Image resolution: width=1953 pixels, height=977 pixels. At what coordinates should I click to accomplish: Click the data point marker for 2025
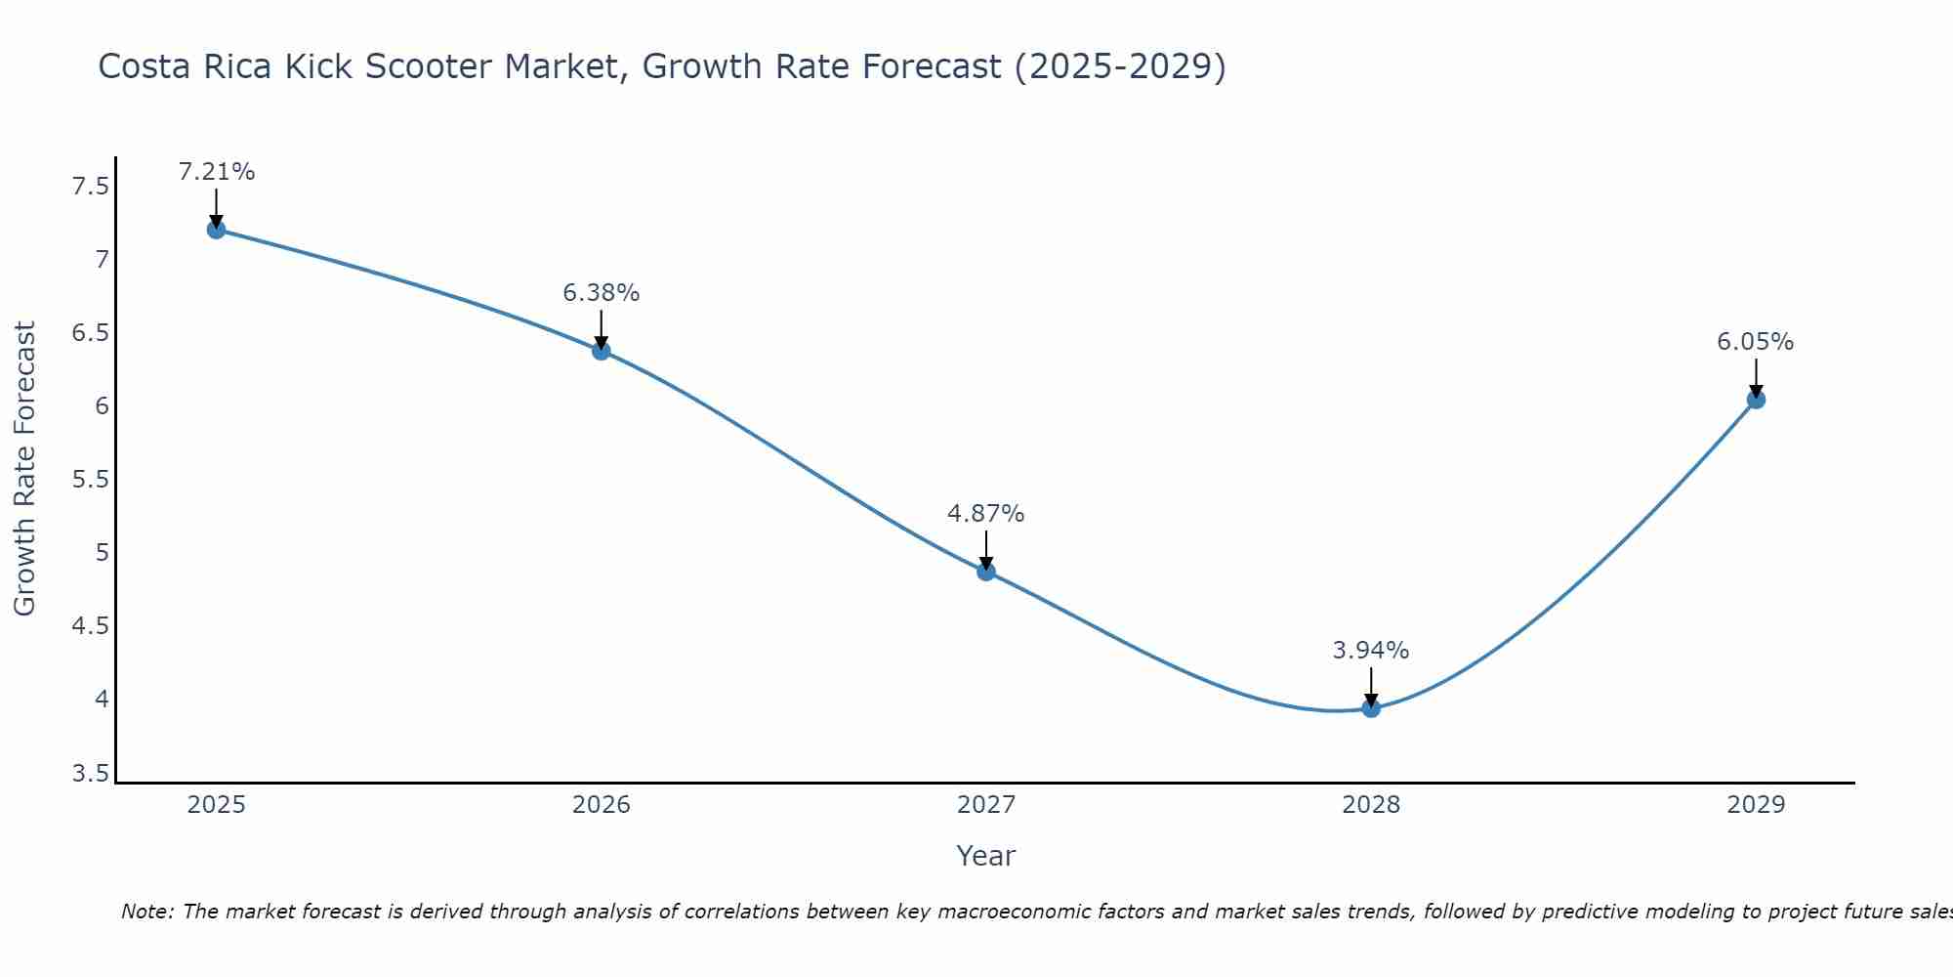pos(216,230)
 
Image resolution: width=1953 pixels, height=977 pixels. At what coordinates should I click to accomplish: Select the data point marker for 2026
pos(602,351)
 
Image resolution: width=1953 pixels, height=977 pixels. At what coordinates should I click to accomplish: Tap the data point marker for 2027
pos(986,572)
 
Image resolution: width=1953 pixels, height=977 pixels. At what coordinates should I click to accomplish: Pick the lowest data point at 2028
pos(1371,708)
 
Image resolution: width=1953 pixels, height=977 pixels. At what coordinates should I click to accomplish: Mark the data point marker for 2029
pos(1756,400)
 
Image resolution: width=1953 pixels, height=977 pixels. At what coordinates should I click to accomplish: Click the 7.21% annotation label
pos(216,172)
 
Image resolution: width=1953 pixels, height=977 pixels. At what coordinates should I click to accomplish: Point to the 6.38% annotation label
pos(602,293)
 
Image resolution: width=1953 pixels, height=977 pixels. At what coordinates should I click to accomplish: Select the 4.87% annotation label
pos(986,514)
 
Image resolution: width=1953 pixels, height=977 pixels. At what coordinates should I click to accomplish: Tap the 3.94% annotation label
pos(1371,651)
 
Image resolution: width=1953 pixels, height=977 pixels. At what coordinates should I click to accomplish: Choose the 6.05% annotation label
pos(1756,342)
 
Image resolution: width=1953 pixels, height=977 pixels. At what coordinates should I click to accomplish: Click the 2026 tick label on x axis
pos(602,805)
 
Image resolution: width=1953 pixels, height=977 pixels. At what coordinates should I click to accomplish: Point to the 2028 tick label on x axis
pos(1371,805)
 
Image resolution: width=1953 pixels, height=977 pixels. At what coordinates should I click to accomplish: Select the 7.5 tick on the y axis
pos(91,187)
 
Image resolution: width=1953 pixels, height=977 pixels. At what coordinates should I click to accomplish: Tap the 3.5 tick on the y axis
pos(91,775)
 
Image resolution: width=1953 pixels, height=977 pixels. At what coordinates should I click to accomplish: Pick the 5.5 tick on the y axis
pos(91,480)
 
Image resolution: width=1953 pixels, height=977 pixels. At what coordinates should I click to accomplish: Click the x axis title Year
pos(986,856)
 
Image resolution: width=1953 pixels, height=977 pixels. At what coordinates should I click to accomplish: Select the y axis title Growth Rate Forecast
pos(25,469)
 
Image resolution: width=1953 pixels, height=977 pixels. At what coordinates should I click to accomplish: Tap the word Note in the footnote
pos(146,912)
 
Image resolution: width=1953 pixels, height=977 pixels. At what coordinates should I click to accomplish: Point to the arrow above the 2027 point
pos(986,549)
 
